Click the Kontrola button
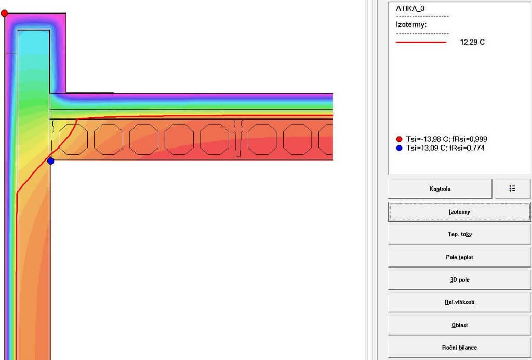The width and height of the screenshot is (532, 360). [440, 189]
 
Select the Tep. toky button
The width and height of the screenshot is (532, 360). [459, 234]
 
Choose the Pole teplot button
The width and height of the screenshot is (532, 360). [459, 257]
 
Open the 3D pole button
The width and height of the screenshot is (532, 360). [459, 279]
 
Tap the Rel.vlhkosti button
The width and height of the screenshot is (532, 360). [459, 302]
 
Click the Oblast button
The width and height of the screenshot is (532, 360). [459, 325]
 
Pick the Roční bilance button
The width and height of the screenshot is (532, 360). [459, 348]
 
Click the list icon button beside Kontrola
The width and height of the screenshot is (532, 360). [512, 189]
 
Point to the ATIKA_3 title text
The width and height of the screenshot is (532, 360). [410, 8]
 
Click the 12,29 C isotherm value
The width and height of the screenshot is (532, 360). [472, 42]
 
